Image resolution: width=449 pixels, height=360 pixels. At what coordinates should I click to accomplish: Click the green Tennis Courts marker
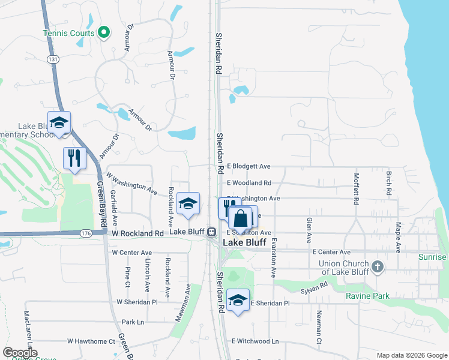pyautogui.click(x=103, y=32)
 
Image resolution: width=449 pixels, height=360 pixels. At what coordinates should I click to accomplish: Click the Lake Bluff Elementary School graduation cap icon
pyautogui.click(x=59, y=123)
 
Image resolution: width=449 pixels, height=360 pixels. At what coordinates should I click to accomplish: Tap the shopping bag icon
pyautogui.click(x=240, y=218)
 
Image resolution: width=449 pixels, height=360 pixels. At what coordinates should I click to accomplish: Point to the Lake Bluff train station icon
pyautogui.click(x=211, y=232)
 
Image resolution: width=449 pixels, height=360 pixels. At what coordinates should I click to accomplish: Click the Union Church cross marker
pyautogui.click(x=377, y=266)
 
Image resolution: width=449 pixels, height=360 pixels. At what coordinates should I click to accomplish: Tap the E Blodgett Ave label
pyautogui.click(x=249, y=166)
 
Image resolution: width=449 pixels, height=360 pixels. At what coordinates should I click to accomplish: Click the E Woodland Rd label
pyautogui.click(x=249, y=183)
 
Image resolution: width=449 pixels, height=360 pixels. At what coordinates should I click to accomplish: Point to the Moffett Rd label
pyautogui.click(x=356, y=189)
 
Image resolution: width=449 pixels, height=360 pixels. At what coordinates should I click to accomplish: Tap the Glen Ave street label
pyautogui.click(x=309, y=230)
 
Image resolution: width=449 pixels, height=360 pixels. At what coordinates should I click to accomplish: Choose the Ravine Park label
pyautogui.click(x=367, y=296)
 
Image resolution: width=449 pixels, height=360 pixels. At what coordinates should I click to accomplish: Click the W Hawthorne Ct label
pyautogui.click(x=91, y=341)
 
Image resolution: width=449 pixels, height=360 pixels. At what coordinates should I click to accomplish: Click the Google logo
pyautogui.click(x=20, y=353)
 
